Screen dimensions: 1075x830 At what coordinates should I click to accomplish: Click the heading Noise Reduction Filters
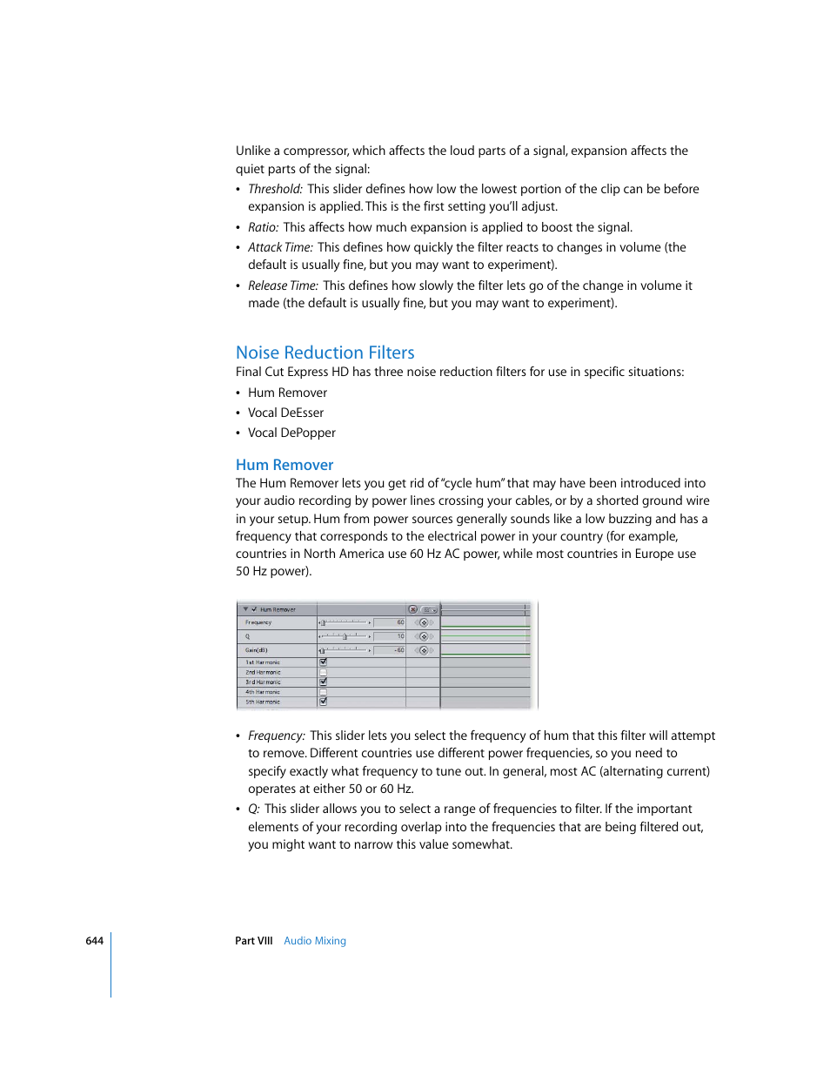click(325, 353)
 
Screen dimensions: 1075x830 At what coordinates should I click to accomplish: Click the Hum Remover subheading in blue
click(284, 465)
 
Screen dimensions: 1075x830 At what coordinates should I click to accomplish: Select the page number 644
click(94, 941)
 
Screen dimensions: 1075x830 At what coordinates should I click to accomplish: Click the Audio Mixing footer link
click(315, 941)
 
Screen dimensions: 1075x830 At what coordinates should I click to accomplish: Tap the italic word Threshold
click(275, 189)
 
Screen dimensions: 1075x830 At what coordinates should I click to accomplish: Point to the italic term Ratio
click(263, 227)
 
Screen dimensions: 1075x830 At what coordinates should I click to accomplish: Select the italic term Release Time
click(283, 286)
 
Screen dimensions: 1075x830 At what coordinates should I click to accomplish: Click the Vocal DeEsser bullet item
click(285, 413)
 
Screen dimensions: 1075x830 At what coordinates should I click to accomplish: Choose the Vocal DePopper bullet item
click(291, 433)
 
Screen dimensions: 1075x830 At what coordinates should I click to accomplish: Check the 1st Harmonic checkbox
click(323, 662)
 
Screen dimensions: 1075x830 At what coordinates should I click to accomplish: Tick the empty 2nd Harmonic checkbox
click(323, 672)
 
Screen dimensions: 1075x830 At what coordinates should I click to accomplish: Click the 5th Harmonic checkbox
click(323, 701)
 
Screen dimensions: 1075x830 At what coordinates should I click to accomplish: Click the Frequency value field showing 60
click(389, 622)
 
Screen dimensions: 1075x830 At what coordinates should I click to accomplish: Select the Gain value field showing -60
click(389, 650)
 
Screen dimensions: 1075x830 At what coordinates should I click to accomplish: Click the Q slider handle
click(345, 636)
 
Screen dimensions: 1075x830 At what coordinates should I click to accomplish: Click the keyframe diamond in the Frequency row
click(424, 622)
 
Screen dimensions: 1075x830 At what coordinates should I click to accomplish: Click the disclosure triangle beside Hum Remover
click(246, 609)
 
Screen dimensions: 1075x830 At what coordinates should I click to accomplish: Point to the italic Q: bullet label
click(254, 810)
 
